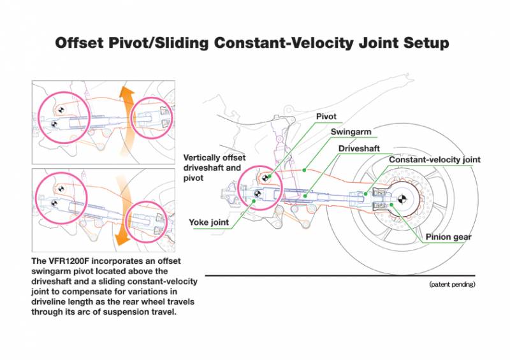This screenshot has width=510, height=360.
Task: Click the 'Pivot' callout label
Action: tap(326, 117)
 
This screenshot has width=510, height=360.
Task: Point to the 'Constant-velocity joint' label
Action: tap(435, 159)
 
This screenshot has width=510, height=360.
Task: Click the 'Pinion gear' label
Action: tap(449, 237)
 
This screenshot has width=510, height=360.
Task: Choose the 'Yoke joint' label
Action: tap(208, 222)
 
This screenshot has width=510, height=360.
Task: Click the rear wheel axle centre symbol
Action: tap(402, 198)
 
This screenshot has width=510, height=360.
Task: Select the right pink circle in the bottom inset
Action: tap(153, 220)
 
